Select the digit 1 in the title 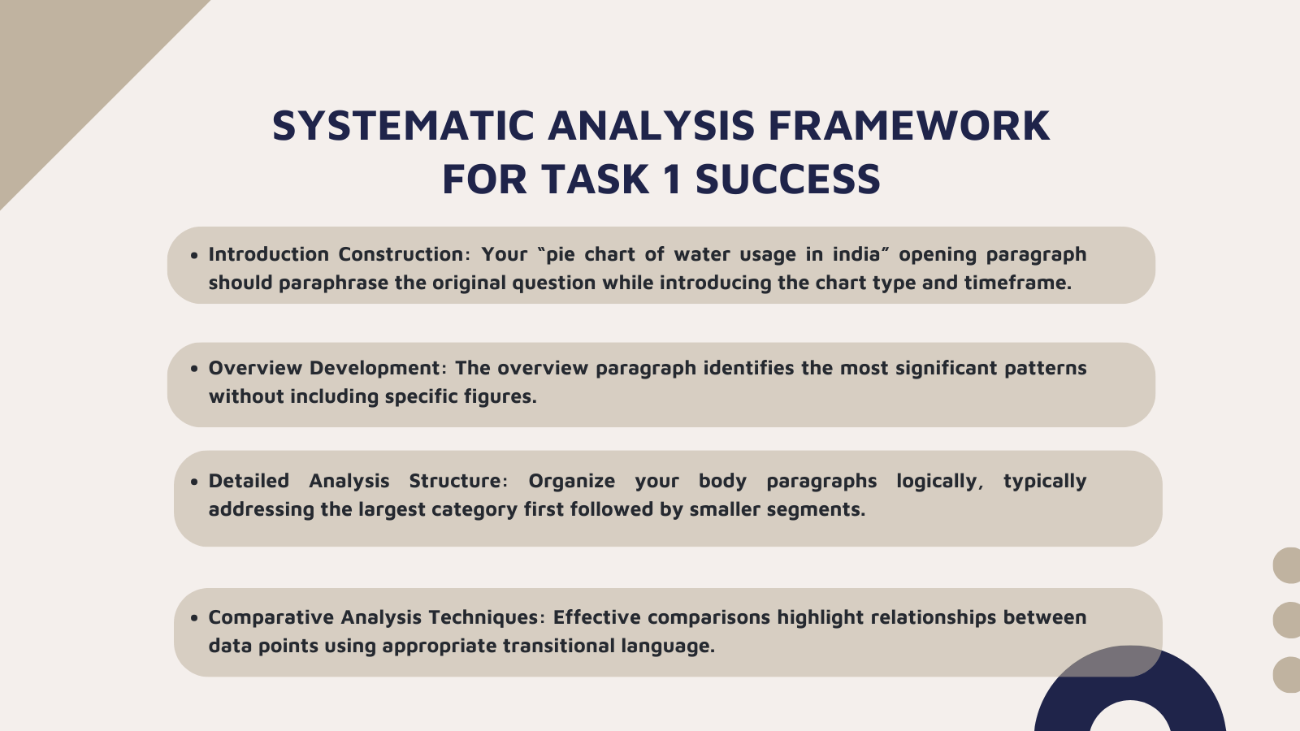pos(671,180)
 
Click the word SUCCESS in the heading pos(787,180)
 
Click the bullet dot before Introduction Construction pos(194,255)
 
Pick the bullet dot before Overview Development pos(194,369)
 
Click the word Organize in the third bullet pos(571,481)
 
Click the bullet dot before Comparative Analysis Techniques pos(194,618)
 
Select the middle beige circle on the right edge pos(1288,620)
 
